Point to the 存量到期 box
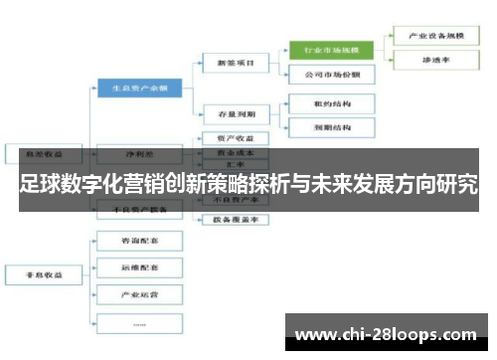(236, 114)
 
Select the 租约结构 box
(332, 102)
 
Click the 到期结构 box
(332, 127)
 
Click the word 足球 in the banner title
(38, 185)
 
